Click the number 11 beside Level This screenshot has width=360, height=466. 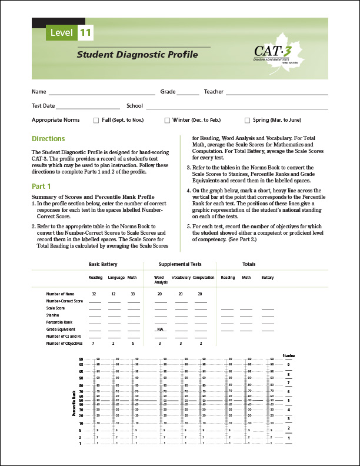pos(84,33)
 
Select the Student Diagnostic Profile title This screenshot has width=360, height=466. pos(137,55)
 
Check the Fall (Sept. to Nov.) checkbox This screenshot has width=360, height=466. pos(96,120)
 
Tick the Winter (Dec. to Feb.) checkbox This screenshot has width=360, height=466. pos(167,120)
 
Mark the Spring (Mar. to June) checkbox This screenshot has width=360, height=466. pos(247,120)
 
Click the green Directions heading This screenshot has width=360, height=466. pos(48,139)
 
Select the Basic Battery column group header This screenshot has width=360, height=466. pos(104,264)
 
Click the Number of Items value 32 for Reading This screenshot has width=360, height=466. pos(94,293)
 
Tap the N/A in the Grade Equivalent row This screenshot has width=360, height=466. pos(159,329)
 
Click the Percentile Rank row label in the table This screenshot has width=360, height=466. pos(59,322)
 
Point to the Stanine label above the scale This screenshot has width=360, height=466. pos(288,356)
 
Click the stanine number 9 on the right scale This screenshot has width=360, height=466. pos(288,364)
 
